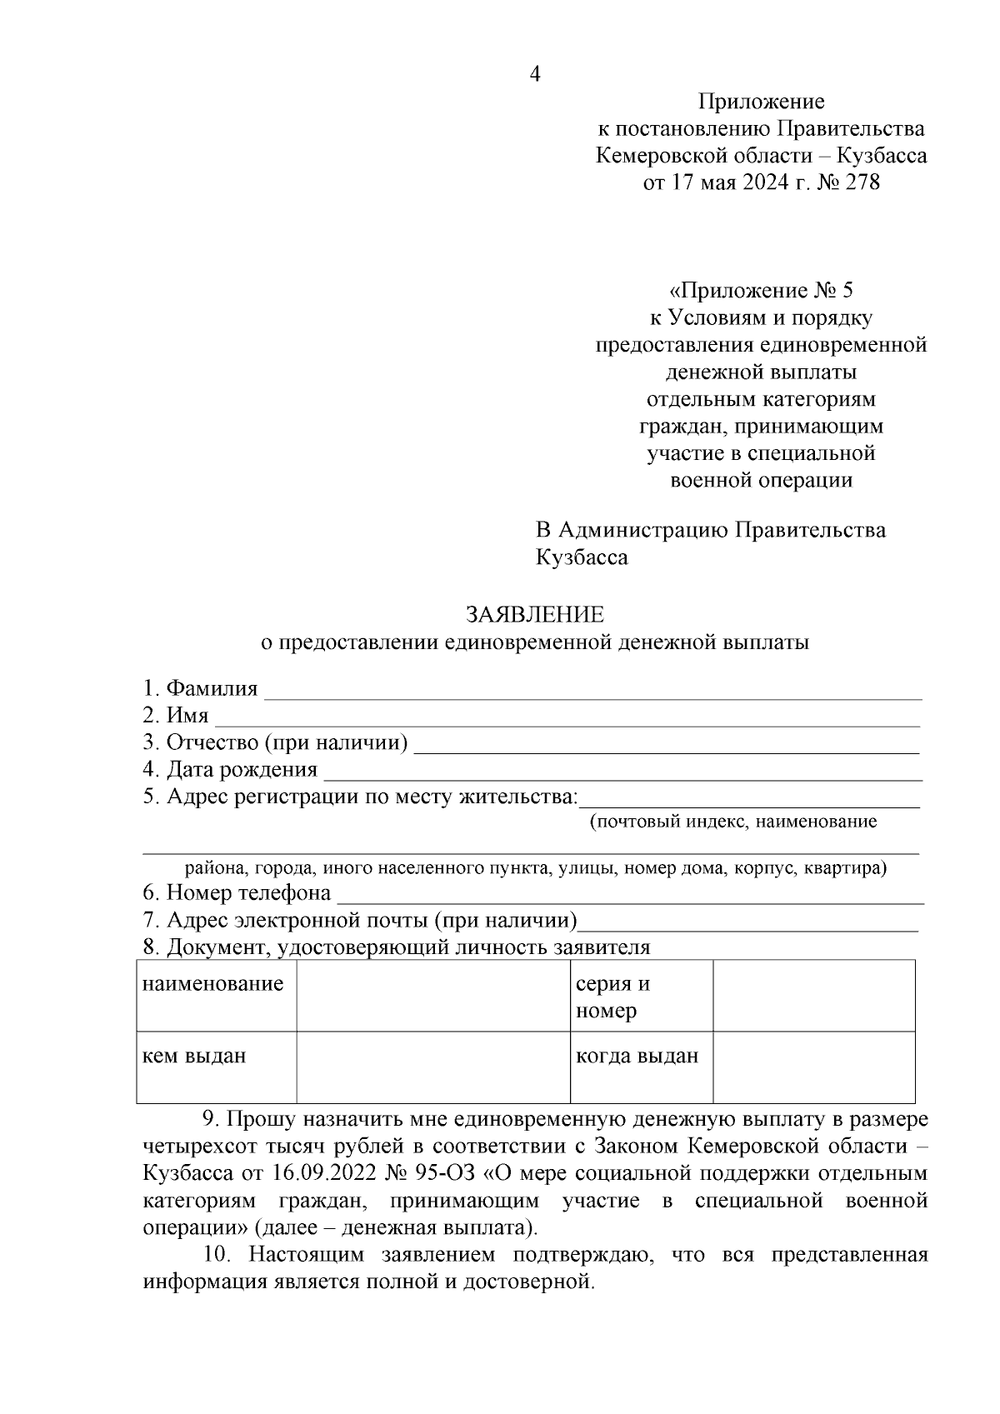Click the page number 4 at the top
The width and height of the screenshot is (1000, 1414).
coord(535,74)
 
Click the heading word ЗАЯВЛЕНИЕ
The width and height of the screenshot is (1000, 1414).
coord(534,615)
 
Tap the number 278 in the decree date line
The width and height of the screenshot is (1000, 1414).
coord(862,182)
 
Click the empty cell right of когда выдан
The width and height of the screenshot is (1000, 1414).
coord(813,1067)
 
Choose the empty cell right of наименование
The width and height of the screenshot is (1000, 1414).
coord(432,996)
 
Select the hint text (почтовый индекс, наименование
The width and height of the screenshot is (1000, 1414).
coord(733,822)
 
